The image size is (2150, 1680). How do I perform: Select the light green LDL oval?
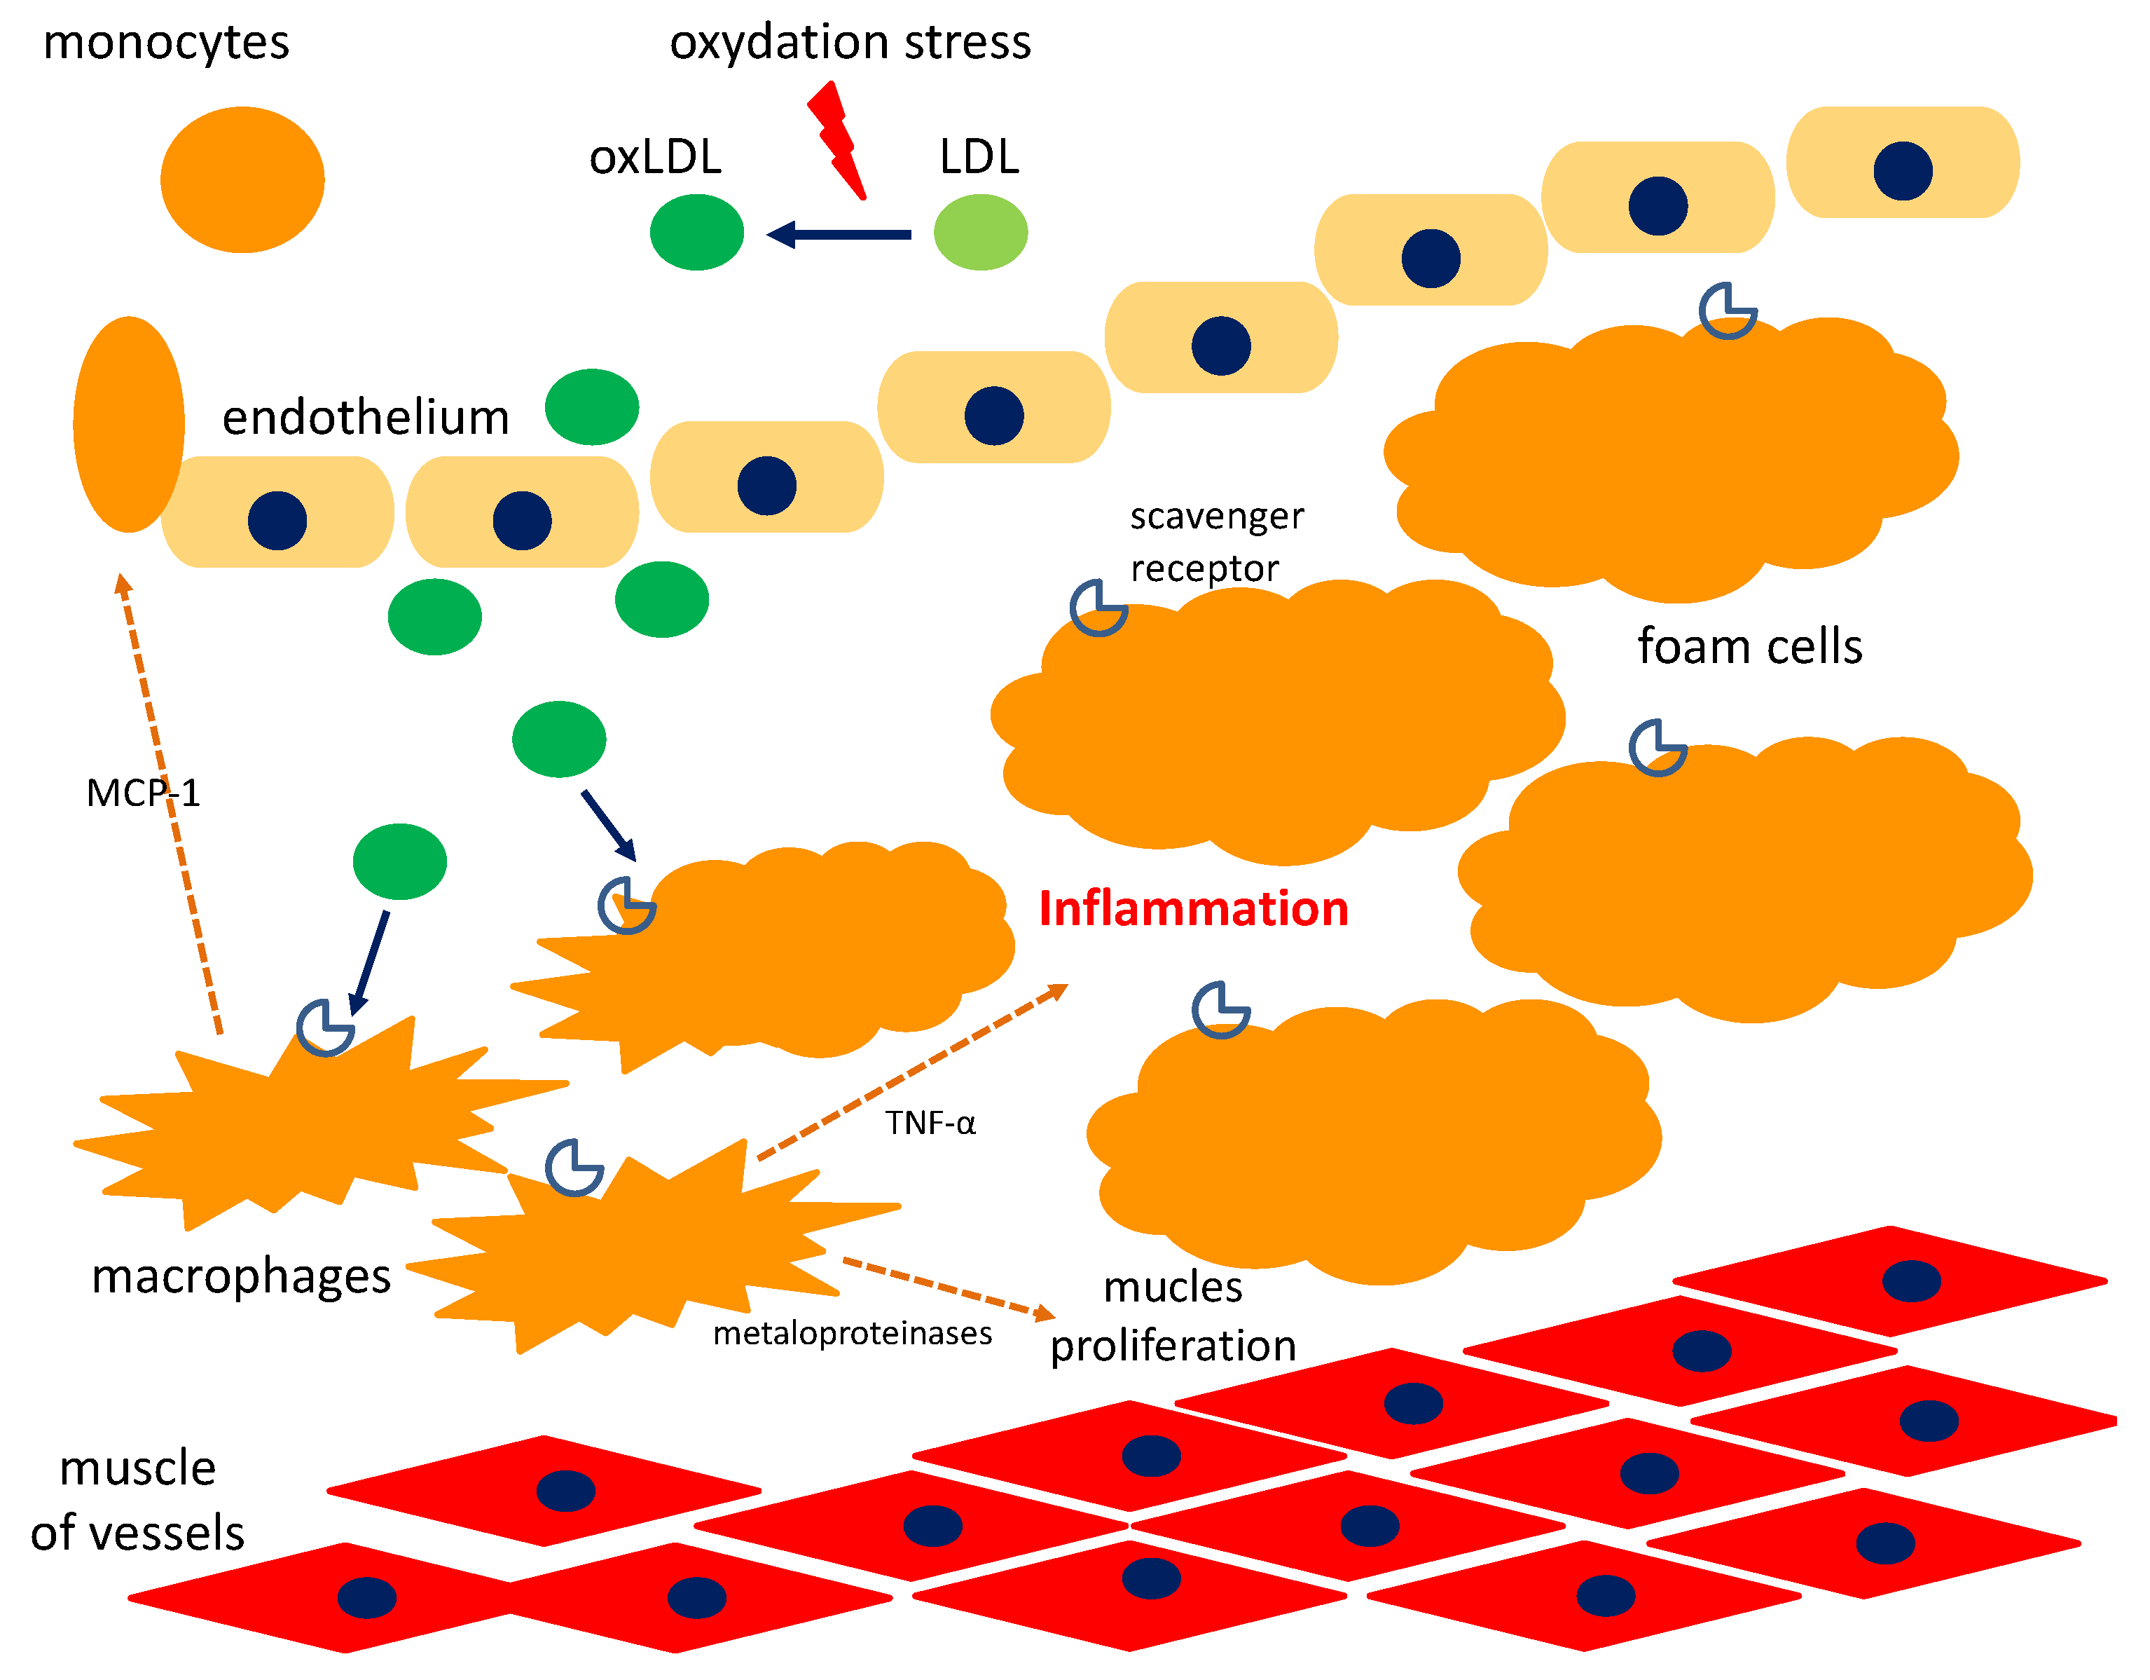click(x=981, y=233)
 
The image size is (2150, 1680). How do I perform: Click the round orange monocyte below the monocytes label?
click(x=242, y=180)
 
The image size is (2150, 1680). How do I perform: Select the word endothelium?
click(x=365, y=418)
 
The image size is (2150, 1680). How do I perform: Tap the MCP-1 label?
click(x=143, y=793)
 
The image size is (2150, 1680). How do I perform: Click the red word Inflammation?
click(x=1193, y=908)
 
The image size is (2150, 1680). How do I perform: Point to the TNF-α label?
click(x=930, y=1123)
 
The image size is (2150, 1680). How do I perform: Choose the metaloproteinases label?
click(x=852, y=1333)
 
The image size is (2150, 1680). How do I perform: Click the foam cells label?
click(x=1749, y=647)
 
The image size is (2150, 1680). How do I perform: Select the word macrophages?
click(x=241, y=1276)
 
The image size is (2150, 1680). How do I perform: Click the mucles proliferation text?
click(x=1173, y=1317)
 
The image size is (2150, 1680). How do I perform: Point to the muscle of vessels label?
click(x=138, y=1500)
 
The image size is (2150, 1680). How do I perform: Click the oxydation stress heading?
click(x=850, y=42)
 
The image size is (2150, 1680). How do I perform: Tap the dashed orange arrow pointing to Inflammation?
click(x=911, y=1072)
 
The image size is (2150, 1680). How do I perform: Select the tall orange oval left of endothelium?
click(x=129, y=425)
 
